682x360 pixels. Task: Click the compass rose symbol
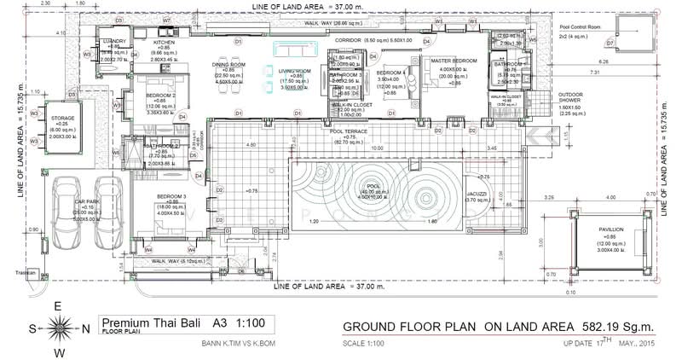(x=63, y=327)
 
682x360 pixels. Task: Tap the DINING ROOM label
(x=228, y=64)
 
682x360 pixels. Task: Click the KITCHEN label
(x=164, y=42)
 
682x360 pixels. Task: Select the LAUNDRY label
(x=114, y=41)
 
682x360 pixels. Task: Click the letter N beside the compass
(x=87, y=328)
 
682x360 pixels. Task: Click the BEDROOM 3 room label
(x=173, y=196)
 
